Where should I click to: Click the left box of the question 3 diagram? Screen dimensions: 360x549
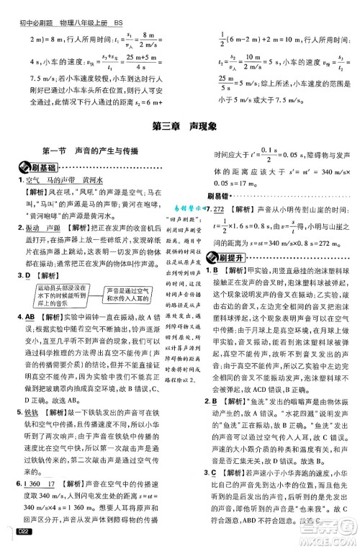point(52,293)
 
